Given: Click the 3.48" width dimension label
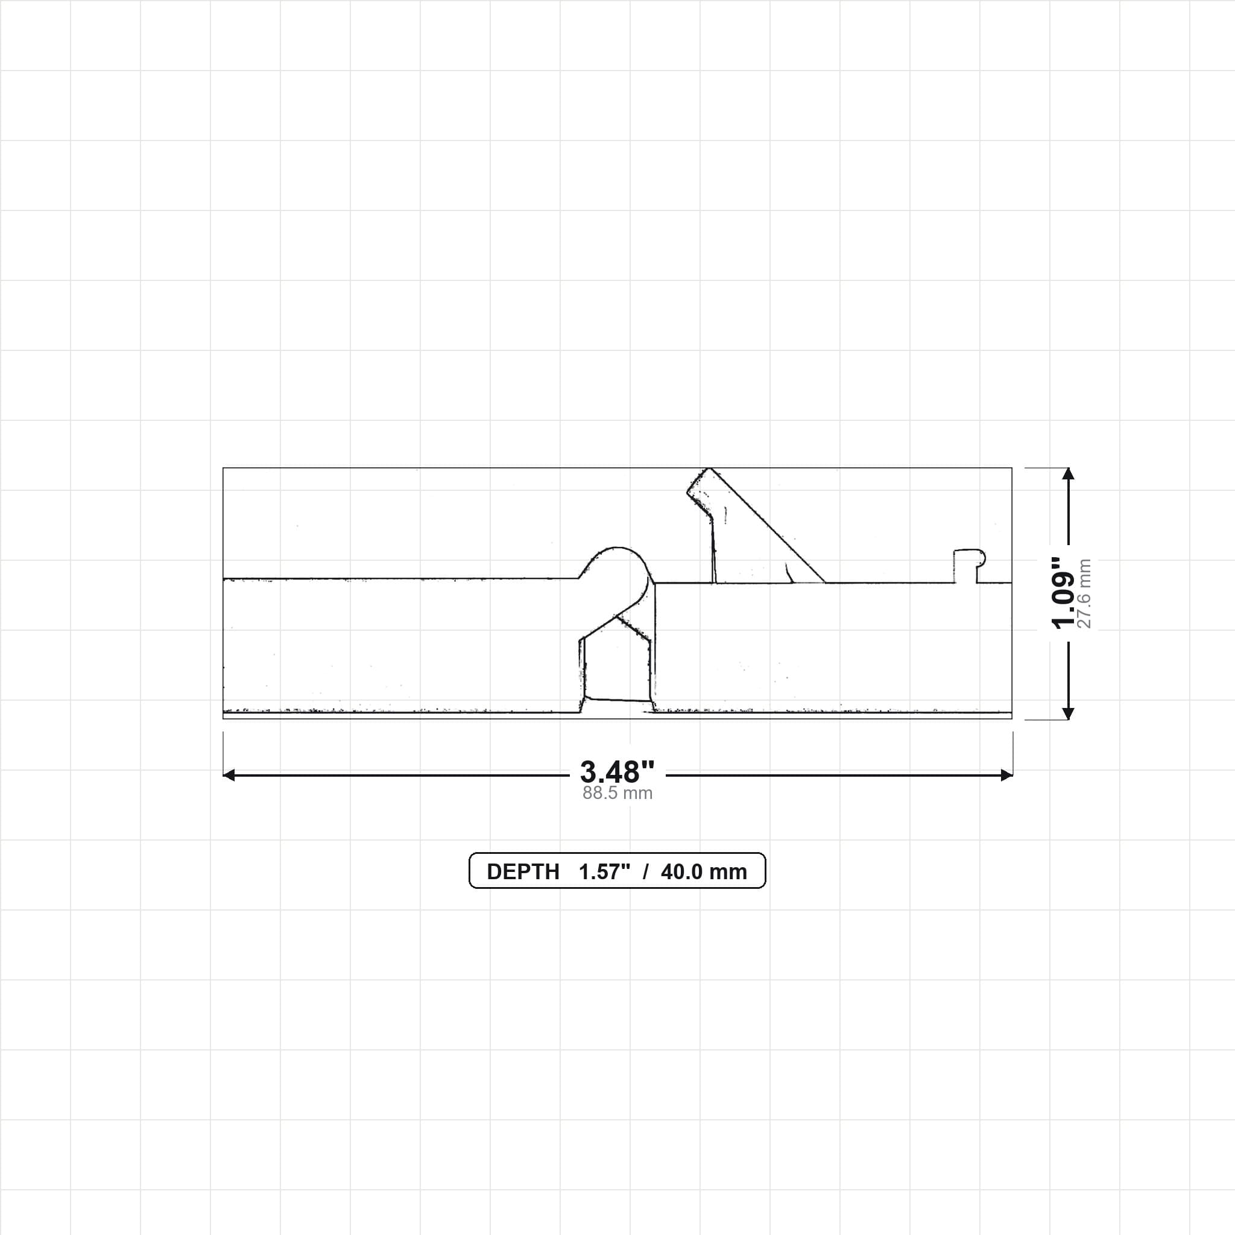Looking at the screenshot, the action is [x=617, y=772].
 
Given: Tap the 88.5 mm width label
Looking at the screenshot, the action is [x=617, y=794].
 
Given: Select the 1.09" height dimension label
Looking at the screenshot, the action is [x=1064, y=593].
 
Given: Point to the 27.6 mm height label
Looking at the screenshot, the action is [x=1084, y=593].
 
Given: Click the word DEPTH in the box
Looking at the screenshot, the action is [x=523, y=872].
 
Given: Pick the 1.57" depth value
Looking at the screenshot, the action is [x=605, y=872].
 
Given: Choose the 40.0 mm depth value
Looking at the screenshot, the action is [x=704, y=872].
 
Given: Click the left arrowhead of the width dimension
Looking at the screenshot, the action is [x=228, y=775].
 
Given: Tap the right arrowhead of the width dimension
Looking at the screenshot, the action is [x=1007, y=775].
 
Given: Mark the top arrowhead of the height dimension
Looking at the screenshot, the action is [x=1067, y=473].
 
